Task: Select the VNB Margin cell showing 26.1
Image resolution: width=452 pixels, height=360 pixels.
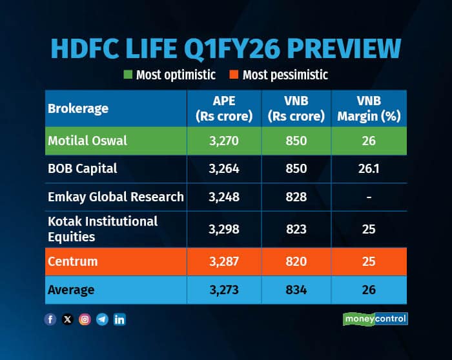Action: click(x=369, y=168)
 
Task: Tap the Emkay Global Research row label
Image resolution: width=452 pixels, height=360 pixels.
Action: click(x=116, y=196)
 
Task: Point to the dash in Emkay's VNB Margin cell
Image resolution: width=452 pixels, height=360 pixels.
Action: click(x=369, y=197)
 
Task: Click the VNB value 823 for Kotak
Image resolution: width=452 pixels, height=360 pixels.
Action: click(x=296, y=229)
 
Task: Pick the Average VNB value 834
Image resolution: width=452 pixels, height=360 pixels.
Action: click(x=296, y=290)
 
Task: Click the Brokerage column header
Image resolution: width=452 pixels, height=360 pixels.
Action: click(x=78, y=108)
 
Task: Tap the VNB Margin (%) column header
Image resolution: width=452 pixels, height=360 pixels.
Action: click(x=369, y=108)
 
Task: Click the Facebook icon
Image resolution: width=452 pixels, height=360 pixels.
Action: click(x=50, y=319)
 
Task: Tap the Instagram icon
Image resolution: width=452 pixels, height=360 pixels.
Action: click(x=85, y=319)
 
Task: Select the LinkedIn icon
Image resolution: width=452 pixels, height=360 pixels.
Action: click(x=119, y=319)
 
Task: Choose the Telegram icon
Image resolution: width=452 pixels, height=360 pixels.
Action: click(x=101, y=319)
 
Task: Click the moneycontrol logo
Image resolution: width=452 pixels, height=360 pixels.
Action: click(x=375, y=319)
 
